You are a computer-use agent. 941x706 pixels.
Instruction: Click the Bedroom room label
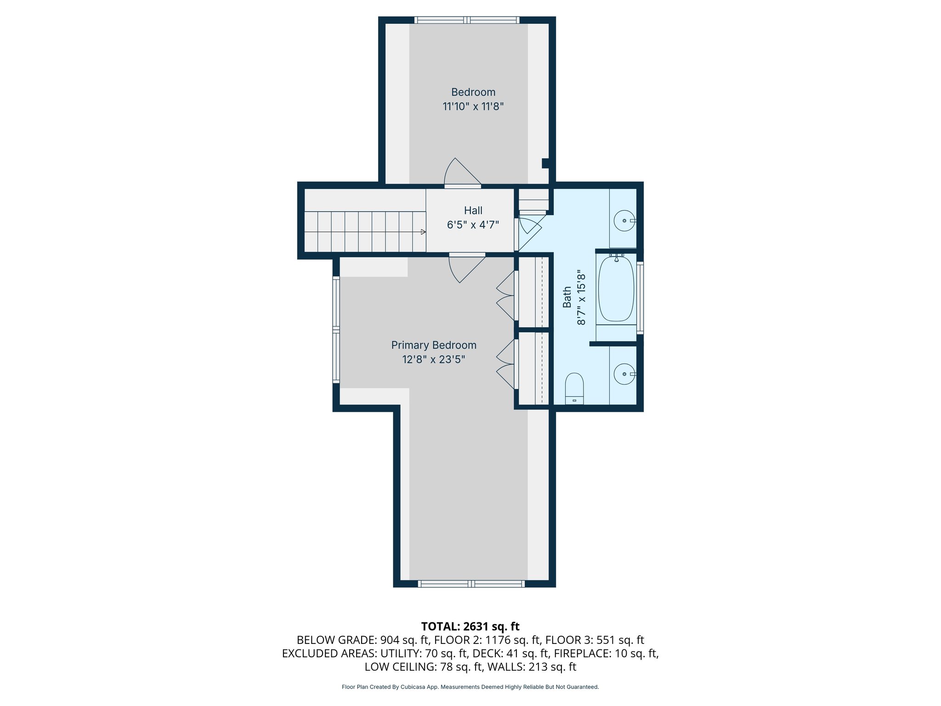[x=473, y=92]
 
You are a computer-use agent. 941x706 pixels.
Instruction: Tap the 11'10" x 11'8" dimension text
[x=473, y=107]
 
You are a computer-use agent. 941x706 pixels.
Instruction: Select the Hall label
[x=473, y=211]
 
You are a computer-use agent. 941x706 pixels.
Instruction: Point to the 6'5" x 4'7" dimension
[x=473, y=225]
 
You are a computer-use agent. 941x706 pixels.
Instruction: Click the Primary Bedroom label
[x=434, y=345]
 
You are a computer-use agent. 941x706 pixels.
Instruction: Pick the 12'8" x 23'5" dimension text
[x=434, y=359]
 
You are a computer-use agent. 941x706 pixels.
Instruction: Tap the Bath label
[x=567, y=297]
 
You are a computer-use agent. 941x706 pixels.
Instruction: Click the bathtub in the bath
[x=616, y=289]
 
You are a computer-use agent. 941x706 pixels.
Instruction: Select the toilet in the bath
[x=574, y=388]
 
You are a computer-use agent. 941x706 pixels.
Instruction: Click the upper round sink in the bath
[x=624, y=221]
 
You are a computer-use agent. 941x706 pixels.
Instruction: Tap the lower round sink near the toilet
[x=624, y=374]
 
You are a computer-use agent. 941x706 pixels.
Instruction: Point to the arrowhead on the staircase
[x=423, y=232]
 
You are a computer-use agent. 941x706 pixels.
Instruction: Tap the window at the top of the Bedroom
[x=467, y=20]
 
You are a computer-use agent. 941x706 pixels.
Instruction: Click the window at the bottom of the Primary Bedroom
[x=471, y=584]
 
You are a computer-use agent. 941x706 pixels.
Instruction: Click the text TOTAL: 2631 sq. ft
[x=470, y=626]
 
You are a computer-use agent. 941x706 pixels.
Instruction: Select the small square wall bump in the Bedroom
[x=545, y=163]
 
